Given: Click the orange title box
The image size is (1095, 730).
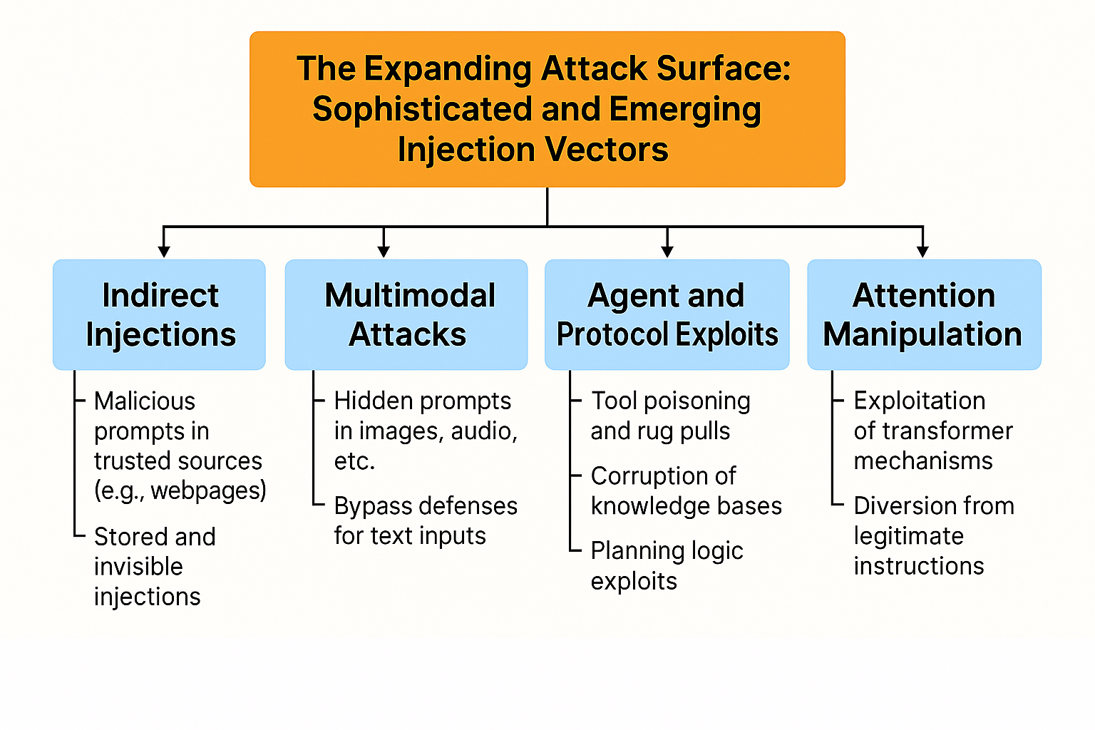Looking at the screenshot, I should pos(547,109).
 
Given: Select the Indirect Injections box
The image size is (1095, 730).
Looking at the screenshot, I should pos(159,314).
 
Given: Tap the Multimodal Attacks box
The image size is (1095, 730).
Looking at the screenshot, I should pos(406,314).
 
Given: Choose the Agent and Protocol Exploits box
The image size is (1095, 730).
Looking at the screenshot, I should pos(667,314).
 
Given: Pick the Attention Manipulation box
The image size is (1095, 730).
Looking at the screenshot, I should pos(924,314).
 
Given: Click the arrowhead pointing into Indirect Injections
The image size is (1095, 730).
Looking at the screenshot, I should pos(164,251).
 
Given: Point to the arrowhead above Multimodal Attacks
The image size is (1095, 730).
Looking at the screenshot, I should pos(384,251).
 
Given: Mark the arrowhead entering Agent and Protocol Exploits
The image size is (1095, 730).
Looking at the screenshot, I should pos(667,251).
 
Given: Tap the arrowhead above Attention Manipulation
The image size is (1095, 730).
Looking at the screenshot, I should pos(923,251).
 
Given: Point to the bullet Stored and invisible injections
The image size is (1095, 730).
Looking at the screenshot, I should pos(155,567).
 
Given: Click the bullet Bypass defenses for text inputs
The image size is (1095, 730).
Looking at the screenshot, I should pos(425,521).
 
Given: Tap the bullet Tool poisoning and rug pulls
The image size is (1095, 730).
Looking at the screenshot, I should pos(670,416).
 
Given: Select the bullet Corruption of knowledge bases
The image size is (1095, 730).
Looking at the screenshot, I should pos(686,491).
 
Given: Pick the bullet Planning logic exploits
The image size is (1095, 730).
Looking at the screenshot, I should pos(667,566).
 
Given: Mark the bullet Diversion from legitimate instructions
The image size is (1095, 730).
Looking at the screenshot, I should pos(933,536).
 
